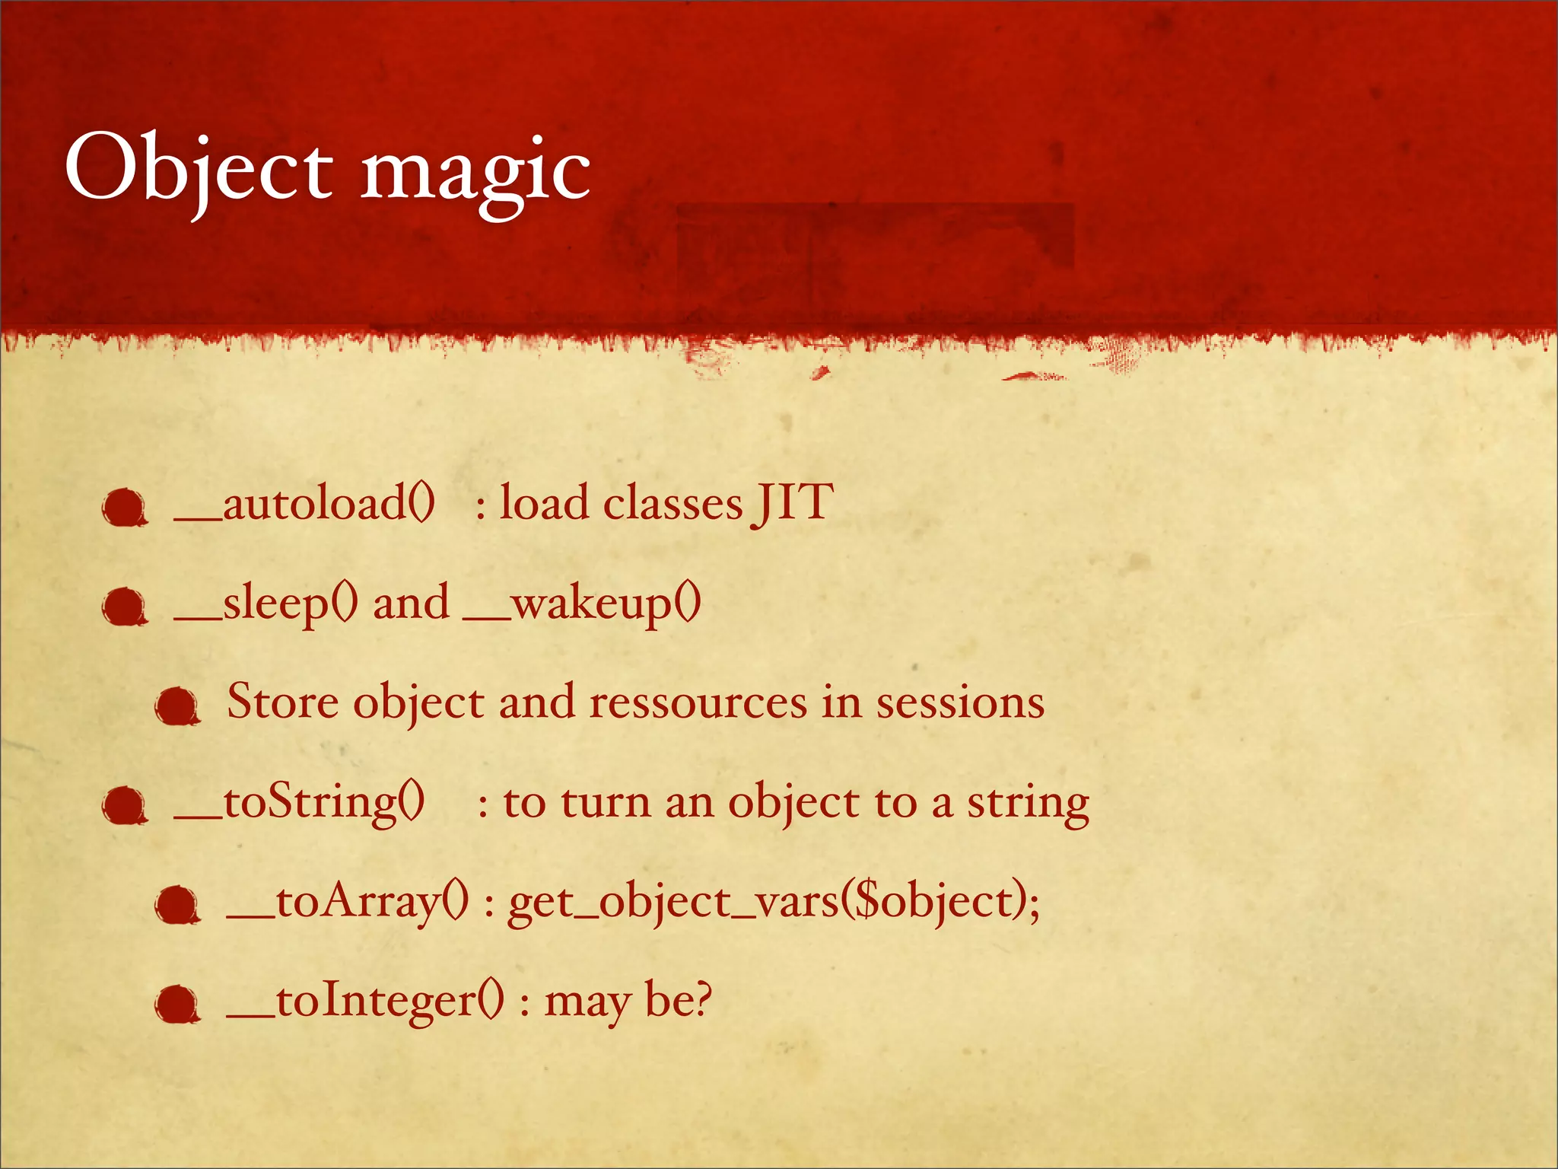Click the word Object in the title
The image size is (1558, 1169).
198,169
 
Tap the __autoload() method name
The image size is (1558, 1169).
304,505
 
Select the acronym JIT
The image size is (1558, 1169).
793,503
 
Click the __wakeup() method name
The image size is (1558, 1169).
582,604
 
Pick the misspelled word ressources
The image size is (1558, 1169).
698,702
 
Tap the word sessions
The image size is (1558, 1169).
960,702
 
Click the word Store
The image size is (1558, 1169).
282,702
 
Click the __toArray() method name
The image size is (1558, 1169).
348,903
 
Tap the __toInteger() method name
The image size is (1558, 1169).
365,1002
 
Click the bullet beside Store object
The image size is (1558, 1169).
176,706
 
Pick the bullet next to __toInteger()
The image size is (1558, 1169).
176,1004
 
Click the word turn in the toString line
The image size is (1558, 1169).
606,803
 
